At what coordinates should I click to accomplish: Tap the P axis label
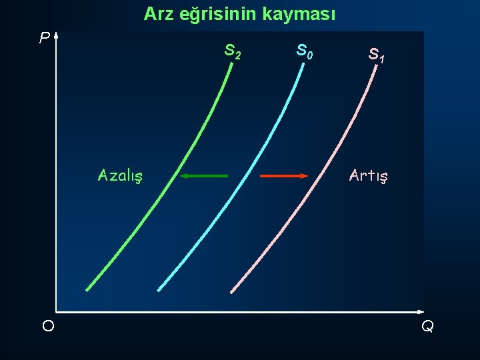[x=44, y=39]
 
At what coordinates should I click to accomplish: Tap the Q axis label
[x=427, y=326]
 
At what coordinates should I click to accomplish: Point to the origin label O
[x=48, y=326]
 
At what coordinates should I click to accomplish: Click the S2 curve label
[x=233, y=51]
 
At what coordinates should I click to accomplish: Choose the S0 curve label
[x=305, y=51]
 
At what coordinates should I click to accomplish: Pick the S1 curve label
[x=377, y=55]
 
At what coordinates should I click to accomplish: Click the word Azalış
[x=123, y=176]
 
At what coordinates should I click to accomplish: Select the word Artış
[x=369, y=176]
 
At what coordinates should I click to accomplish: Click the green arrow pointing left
[x=204, y=176]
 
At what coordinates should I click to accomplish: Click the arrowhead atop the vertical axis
[x=57, y=35]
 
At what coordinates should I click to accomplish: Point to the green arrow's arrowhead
[x=184, y=176]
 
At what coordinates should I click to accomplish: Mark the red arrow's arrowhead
[x=303, y=176]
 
